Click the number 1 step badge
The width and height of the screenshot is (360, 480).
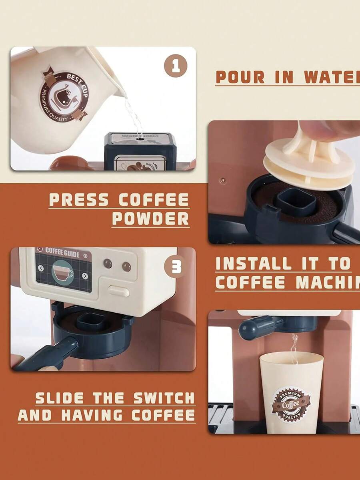176,66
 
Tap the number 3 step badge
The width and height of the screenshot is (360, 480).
176,267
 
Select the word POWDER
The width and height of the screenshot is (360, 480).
150,219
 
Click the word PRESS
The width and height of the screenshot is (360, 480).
79,200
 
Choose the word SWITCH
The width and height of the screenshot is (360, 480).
164,398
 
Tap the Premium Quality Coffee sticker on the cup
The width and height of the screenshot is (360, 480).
291,404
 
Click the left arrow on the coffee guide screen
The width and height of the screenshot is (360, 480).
41,268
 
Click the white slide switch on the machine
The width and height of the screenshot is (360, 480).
119,291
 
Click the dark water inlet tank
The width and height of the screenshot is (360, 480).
140,151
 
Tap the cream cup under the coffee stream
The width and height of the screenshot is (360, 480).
291,392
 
